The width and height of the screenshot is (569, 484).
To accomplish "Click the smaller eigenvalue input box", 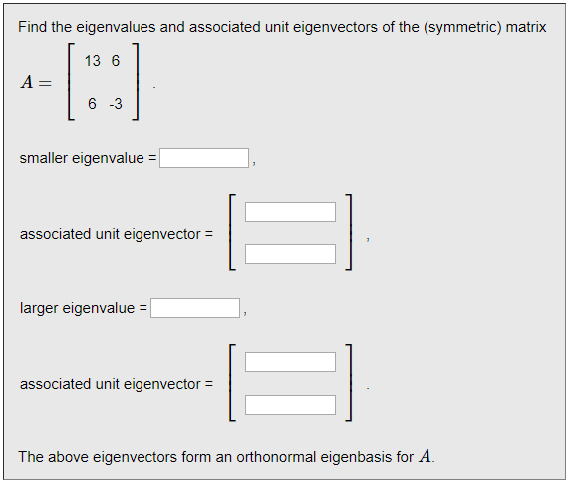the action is pos(204,158).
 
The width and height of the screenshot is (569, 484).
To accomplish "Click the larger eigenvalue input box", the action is pos(195,308).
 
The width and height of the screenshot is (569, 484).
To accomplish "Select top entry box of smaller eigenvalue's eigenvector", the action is pos(290,212).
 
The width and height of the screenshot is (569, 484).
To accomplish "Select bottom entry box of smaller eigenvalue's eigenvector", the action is pos(290,254).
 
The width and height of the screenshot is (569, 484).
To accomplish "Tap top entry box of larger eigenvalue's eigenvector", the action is pos(290,362).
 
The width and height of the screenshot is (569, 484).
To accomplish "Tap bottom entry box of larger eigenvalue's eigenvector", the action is pos(290,405).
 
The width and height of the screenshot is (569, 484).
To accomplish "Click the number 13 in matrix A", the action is pos(92,61).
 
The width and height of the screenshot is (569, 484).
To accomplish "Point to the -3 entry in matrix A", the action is pos(116,104).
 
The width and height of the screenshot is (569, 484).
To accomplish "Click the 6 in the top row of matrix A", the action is pos(116,61).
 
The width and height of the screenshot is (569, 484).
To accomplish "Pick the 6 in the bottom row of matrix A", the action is pos(92,104).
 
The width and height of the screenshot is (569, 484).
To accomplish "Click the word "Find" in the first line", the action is pos(32,27).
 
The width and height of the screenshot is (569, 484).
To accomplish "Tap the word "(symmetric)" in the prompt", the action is pos(462,27).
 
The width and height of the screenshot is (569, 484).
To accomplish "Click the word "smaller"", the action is pos(44,158).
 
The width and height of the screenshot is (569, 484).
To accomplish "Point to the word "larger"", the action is pos(39,309).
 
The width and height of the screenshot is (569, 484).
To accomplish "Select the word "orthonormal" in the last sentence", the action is pos(276,457).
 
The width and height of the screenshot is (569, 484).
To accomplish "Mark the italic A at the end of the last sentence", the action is pos(425,456).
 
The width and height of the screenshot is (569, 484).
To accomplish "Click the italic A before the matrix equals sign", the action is pos(27,82).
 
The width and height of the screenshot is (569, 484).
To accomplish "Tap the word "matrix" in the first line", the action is pos(526,27).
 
